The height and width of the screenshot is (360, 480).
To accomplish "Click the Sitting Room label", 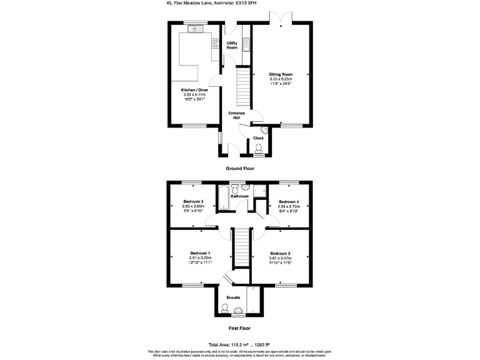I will (281, 74).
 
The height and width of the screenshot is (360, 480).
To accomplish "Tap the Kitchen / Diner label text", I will (194, 90).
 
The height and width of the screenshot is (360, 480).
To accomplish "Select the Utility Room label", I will (232, 45).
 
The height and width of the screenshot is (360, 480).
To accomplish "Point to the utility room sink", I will (246, 44).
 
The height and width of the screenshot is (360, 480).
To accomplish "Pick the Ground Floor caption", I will (240, 169).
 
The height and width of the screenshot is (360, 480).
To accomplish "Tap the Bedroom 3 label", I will (193, 201).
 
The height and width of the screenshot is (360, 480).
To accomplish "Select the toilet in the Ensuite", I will (226, 307).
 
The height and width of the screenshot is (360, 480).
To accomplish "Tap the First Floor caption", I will (240, 327).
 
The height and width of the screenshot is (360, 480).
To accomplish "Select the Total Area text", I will (240, 344).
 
